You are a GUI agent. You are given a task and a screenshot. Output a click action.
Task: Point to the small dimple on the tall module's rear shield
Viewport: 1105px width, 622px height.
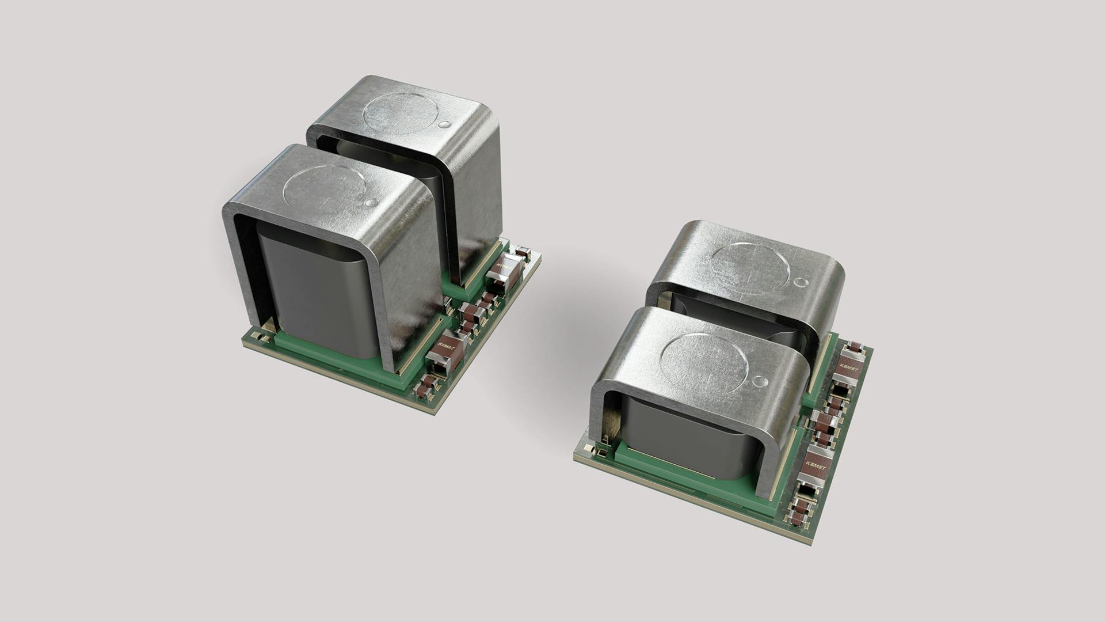(444, 124)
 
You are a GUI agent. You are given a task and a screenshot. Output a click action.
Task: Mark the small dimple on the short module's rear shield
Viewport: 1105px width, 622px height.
(801, 283)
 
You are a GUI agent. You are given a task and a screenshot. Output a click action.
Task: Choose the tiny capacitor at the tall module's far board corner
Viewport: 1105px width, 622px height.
(523, 251)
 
